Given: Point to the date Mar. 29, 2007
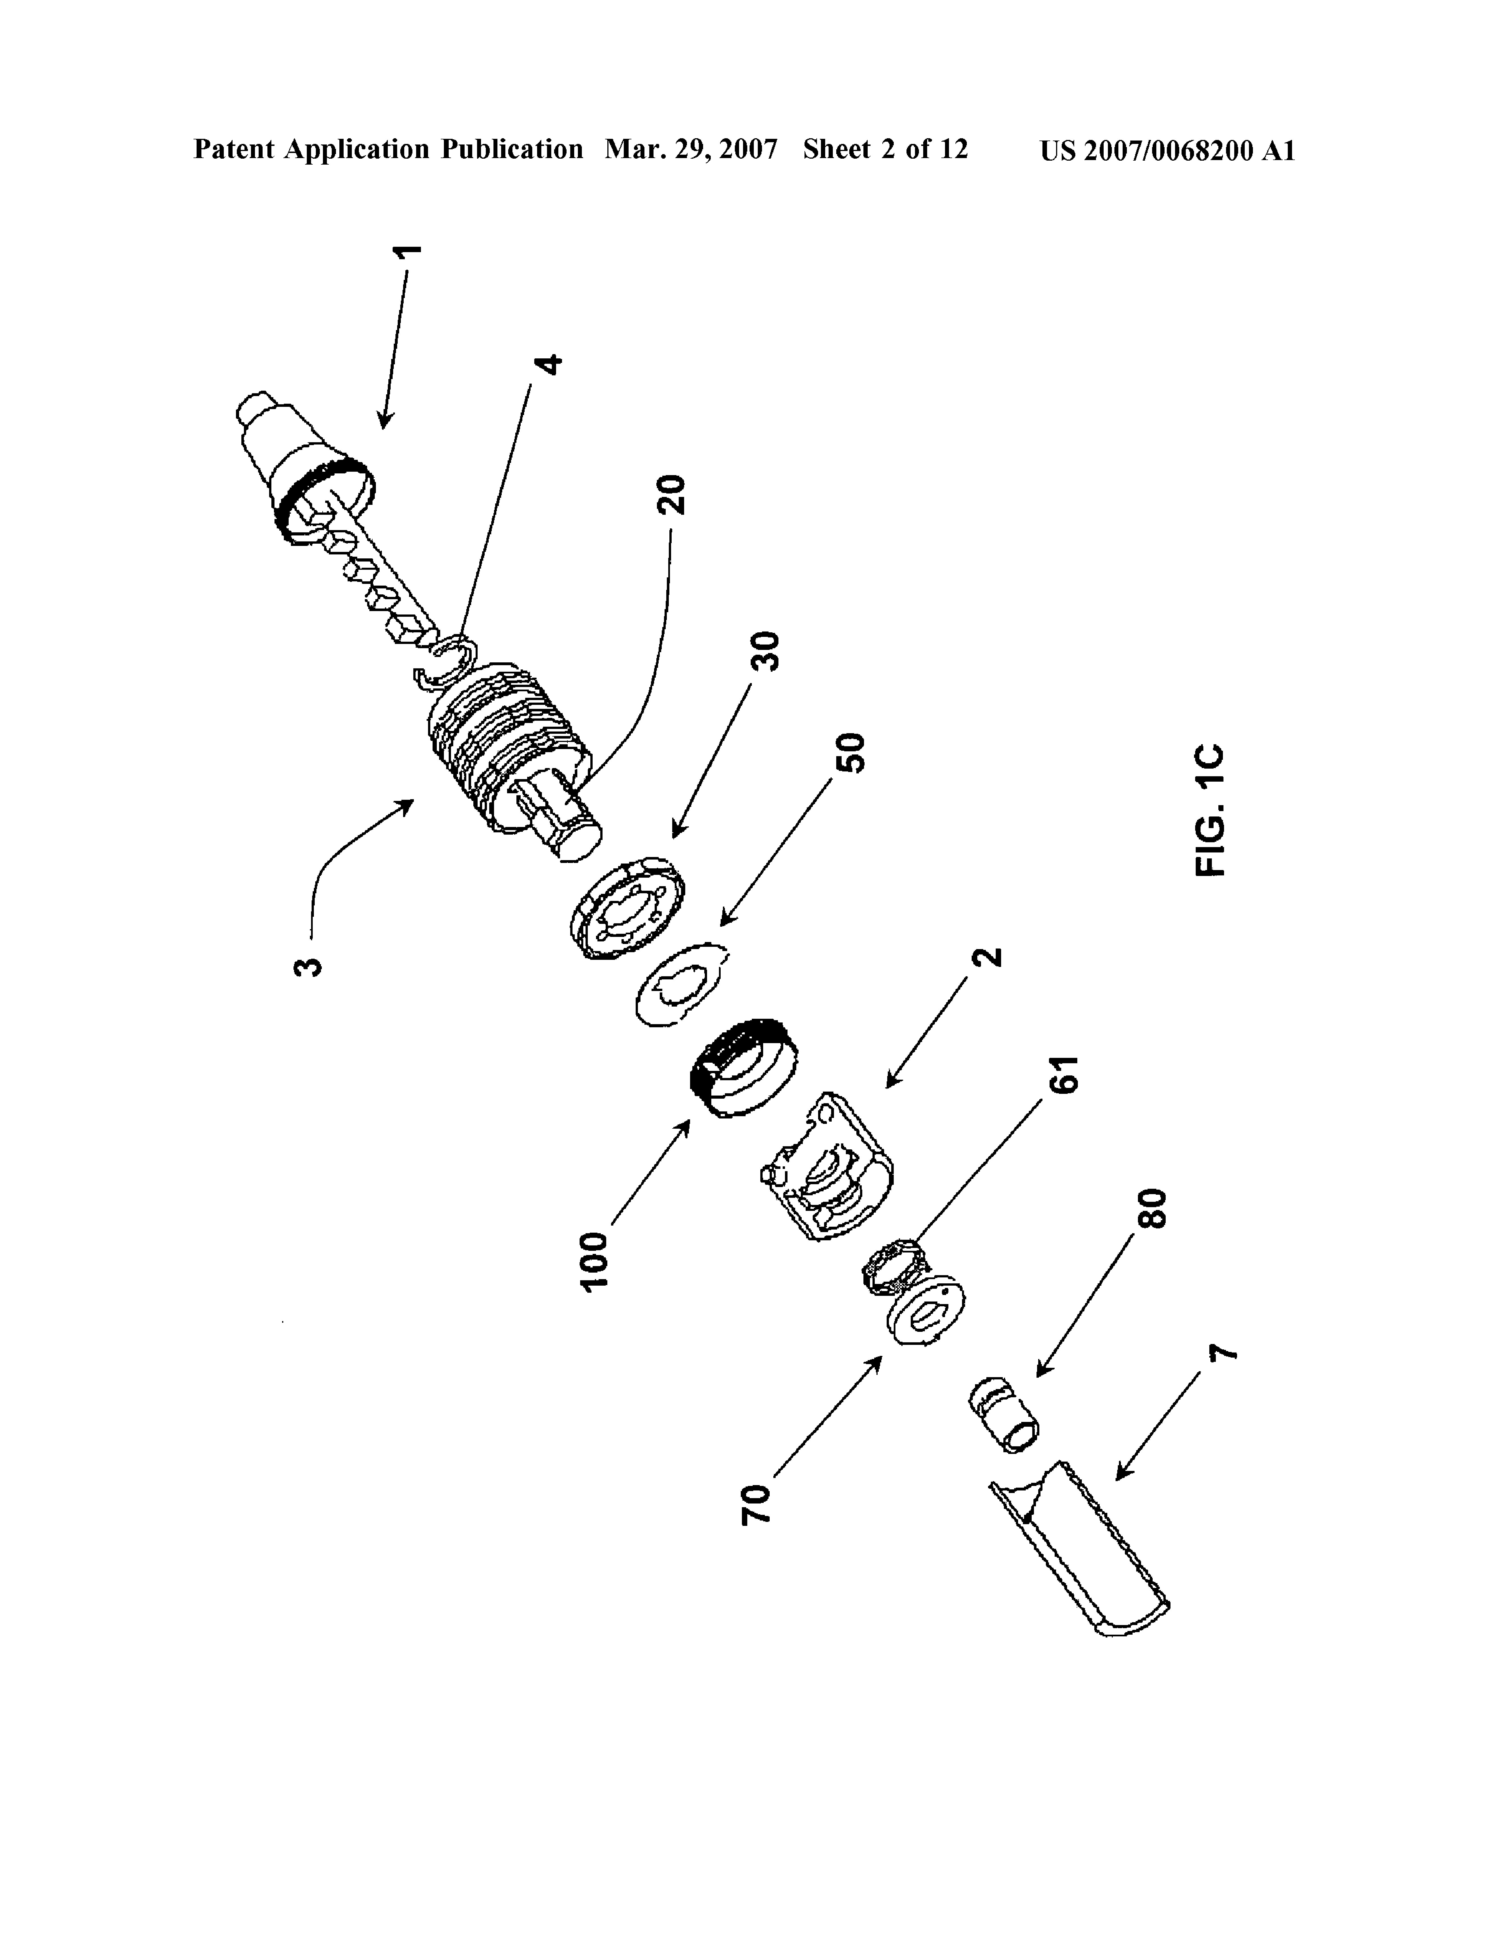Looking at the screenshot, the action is coord(691,150).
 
